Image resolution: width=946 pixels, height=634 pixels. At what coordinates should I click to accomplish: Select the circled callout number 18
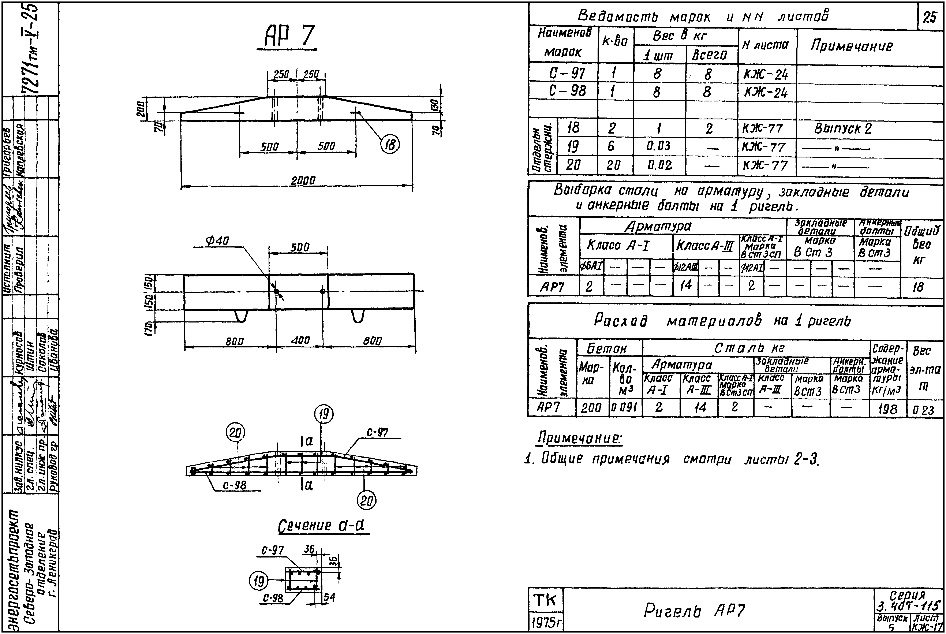(x=390, y=144)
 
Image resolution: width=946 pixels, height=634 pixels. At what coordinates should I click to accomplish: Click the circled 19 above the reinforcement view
(x=324, y=414)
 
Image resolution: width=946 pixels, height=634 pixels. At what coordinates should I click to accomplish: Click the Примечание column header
(x=851, y=46)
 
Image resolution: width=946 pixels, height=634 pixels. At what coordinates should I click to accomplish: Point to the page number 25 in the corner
(x=930, y=17)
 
